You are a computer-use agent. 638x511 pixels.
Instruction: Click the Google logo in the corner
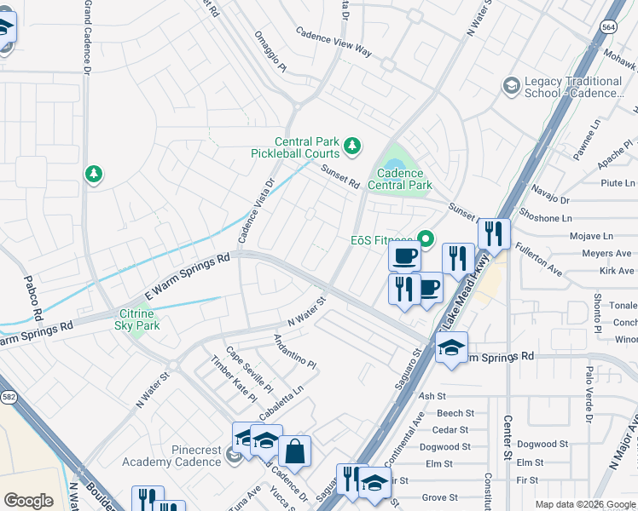click(29, 501)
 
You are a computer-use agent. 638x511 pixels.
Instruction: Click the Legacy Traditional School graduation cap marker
click(511, 85)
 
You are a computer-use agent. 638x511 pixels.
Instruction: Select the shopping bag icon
click(294, 452)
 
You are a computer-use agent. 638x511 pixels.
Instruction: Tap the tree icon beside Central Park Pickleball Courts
click(351, 147)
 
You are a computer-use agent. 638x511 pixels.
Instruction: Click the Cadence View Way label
click(333, 43)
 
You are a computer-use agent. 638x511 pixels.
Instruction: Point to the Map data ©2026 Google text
click(585, 504)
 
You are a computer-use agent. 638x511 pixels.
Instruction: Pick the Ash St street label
click(432, 396)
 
